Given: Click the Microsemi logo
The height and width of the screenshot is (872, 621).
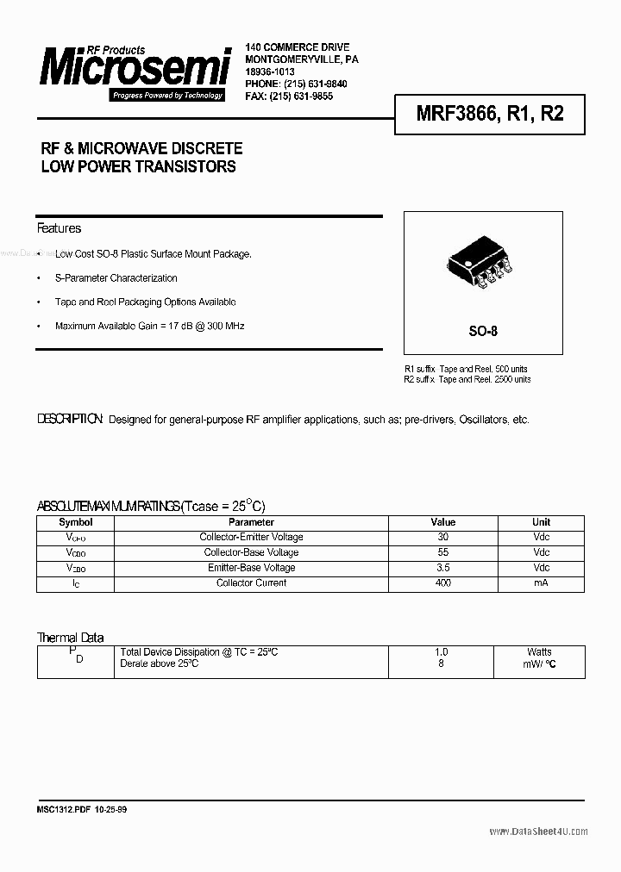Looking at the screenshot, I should pyautogui.click(x=135, y=69).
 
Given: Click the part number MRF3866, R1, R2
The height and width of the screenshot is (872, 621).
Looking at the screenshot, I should pyautogui.click(x=478, y=113).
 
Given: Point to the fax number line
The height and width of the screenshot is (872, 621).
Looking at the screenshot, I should pyautogui.click(x=289, y=96).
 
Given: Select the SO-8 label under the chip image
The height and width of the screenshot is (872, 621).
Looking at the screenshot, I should pyautogui.click(x=483, y=331).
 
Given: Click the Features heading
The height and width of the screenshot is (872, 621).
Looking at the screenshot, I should pyautogui.click(x=59, y=228).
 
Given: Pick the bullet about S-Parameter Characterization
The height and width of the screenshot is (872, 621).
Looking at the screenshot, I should pyautogui.click(x=116, y=278).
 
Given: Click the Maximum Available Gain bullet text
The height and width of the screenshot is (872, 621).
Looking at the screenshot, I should pyautogui.click(x=149, y=327).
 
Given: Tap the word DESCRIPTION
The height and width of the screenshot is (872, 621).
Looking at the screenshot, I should pyautogui.click(x=70, y=420).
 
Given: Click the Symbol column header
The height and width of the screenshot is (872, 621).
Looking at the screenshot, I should pyautogui.click(x=75, y=522).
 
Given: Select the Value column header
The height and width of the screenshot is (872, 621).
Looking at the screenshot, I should pyautogui.click(x=442, y=522).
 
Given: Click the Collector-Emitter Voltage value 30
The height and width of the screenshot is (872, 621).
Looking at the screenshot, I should pyautogui.click(x=442, y=537).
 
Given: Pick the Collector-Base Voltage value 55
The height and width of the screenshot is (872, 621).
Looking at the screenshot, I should pyautogui.click(x=442, y=552).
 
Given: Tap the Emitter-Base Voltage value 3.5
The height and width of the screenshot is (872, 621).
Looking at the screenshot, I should pyautogui.click(x=442, y=568).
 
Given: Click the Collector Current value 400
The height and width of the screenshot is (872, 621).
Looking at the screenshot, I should pyautogui.click(x=442, y=583).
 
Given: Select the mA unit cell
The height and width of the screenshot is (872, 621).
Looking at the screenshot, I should pyautogui.click(x=541, y=583).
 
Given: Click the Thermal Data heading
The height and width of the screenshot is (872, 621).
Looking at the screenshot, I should pyautogui.click(x=70, y=638).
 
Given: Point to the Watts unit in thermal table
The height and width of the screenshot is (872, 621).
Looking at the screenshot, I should pyautogui.click(x=540, y=652).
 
